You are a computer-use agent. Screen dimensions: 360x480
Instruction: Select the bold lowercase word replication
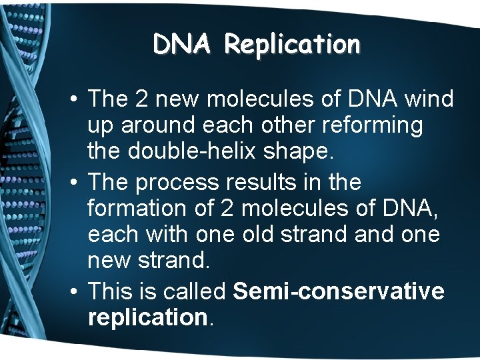tap(147, 317)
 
